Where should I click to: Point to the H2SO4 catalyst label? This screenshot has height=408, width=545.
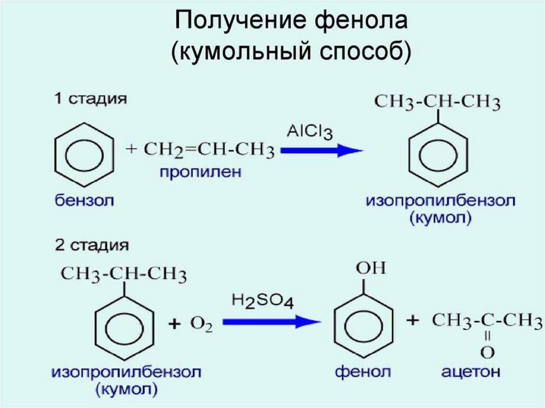tap(262, 302)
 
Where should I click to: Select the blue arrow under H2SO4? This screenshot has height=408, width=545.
tap(271, 321)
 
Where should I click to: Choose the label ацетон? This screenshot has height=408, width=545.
tap(470, 371)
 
